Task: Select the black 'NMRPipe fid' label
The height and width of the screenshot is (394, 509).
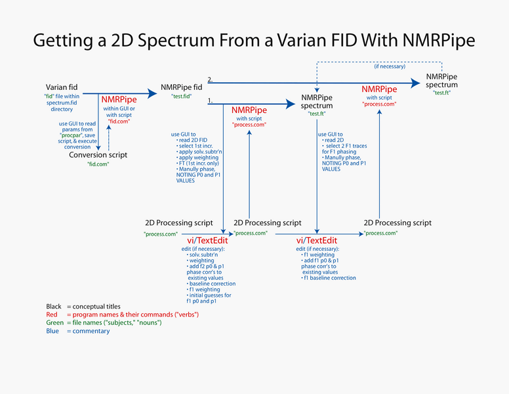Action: coord(181,87)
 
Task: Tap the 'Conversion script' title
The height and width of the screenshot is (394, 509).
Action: coord(98,155)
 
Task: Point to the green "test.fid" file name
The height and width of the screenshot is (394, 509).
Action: coord(182,97)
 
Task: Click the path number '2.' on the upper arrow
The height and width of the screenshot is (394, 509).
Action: coord(211,79)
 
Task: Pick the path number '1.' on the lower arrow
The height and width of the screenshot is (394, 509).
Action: coord(211,100)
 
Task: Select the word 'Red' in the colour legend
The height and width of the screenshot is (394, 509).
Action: coord(52,315)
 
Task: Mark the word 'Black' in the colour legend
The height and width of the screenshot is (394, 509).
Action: coord(54,307)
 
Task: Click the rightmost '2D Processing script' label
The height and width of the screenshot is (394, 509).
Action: coord(398,223)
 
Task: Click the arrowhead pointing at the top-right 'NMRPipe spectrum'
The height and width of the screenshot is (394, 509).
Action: coord(415,83)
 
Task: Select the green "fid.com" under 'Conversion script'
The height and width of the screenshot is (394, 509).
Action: coord(98,164)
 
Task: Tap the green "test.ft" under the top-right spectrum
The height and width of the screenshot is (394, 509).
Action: coord(441,93)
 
